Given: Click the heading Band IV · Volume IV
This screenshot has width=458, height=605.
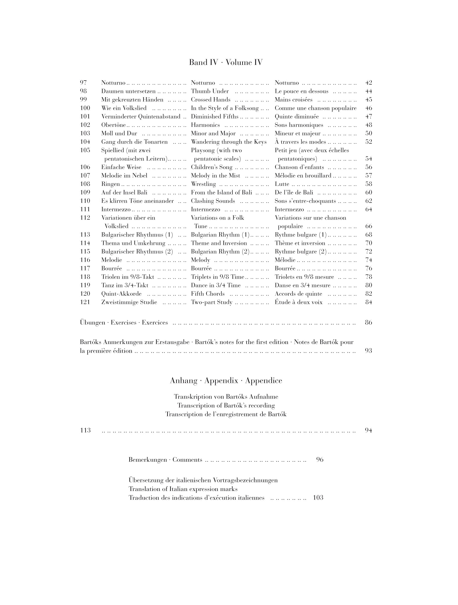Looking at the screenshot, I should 226,63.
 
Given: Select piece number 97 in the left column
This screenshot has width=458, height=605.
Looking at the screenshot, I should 83,83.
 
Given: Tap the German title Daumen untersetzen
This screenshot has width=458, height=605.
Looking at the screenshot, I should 128,91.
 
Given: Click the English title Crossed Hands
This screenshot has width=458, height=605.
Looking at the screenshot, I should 210,100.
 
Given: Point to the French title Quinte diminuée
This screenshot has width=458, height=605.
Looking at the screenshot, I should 297,117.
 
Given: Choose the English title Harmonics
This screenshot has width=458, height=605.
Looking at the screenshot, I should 205,125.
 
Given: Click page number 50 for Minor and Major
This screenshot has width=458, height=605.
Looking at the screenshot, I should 368,134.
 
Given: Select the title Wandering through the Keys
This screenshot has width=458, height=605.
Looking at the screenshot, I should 229,142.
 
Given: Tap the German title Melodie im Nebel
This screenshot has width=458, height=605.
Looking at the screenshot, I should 124,175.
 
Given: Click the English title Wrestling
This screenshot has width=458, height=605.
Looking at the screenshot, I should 203,184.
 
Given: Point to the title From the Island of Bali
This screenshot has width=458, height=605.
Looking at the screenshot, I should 221,193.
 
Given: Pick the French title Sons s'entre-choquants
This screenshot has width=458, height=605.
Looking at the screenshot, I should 305,201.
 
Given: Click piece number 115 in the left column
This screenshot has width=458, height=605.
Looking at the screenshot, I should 85,252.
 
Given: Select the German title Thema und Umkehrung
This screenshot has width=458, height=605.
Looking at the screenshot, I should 133,243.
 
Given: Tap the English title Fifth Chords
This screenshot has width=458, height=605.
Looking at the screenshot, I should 208,294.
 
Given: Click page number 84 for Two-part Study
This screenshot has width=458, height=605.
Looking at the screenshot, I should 368,302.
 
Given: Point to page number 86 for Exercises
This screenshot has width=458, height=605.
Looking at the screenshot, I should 368,323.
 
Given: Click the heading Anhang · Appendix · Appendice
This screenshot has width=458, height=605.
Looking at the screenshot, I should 226,381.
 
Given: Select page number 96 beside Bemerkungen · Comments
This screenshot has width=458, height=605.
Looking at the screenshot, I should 319,460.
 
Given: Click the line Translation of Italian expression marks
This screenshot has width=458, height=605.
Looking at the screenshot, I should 183,489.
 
